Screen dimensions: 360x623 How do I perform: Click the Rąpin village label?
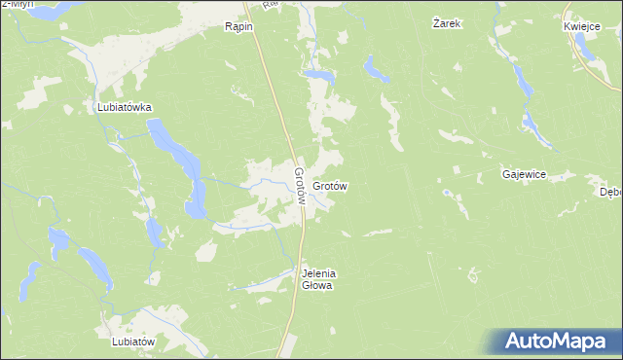point(238,26)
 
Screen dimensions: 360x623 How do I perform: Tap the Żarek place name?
point(446,22)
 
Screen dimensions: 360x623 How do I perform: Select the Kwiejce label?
point(580,26)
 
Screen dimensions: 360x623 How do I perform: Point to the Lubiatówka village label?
point(124,108)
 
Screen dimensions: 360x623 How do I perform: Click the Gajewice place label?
point(524,174)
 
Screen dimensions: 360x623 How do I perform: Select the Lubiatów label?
point(133,342)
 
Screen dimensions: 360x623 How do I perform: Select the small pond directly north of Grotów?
point(317,74)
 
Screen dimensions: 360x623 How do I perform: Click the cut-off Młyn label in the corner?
point(17,4)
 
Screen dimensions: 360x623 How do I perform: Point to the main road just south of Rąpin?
point(269,68)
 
